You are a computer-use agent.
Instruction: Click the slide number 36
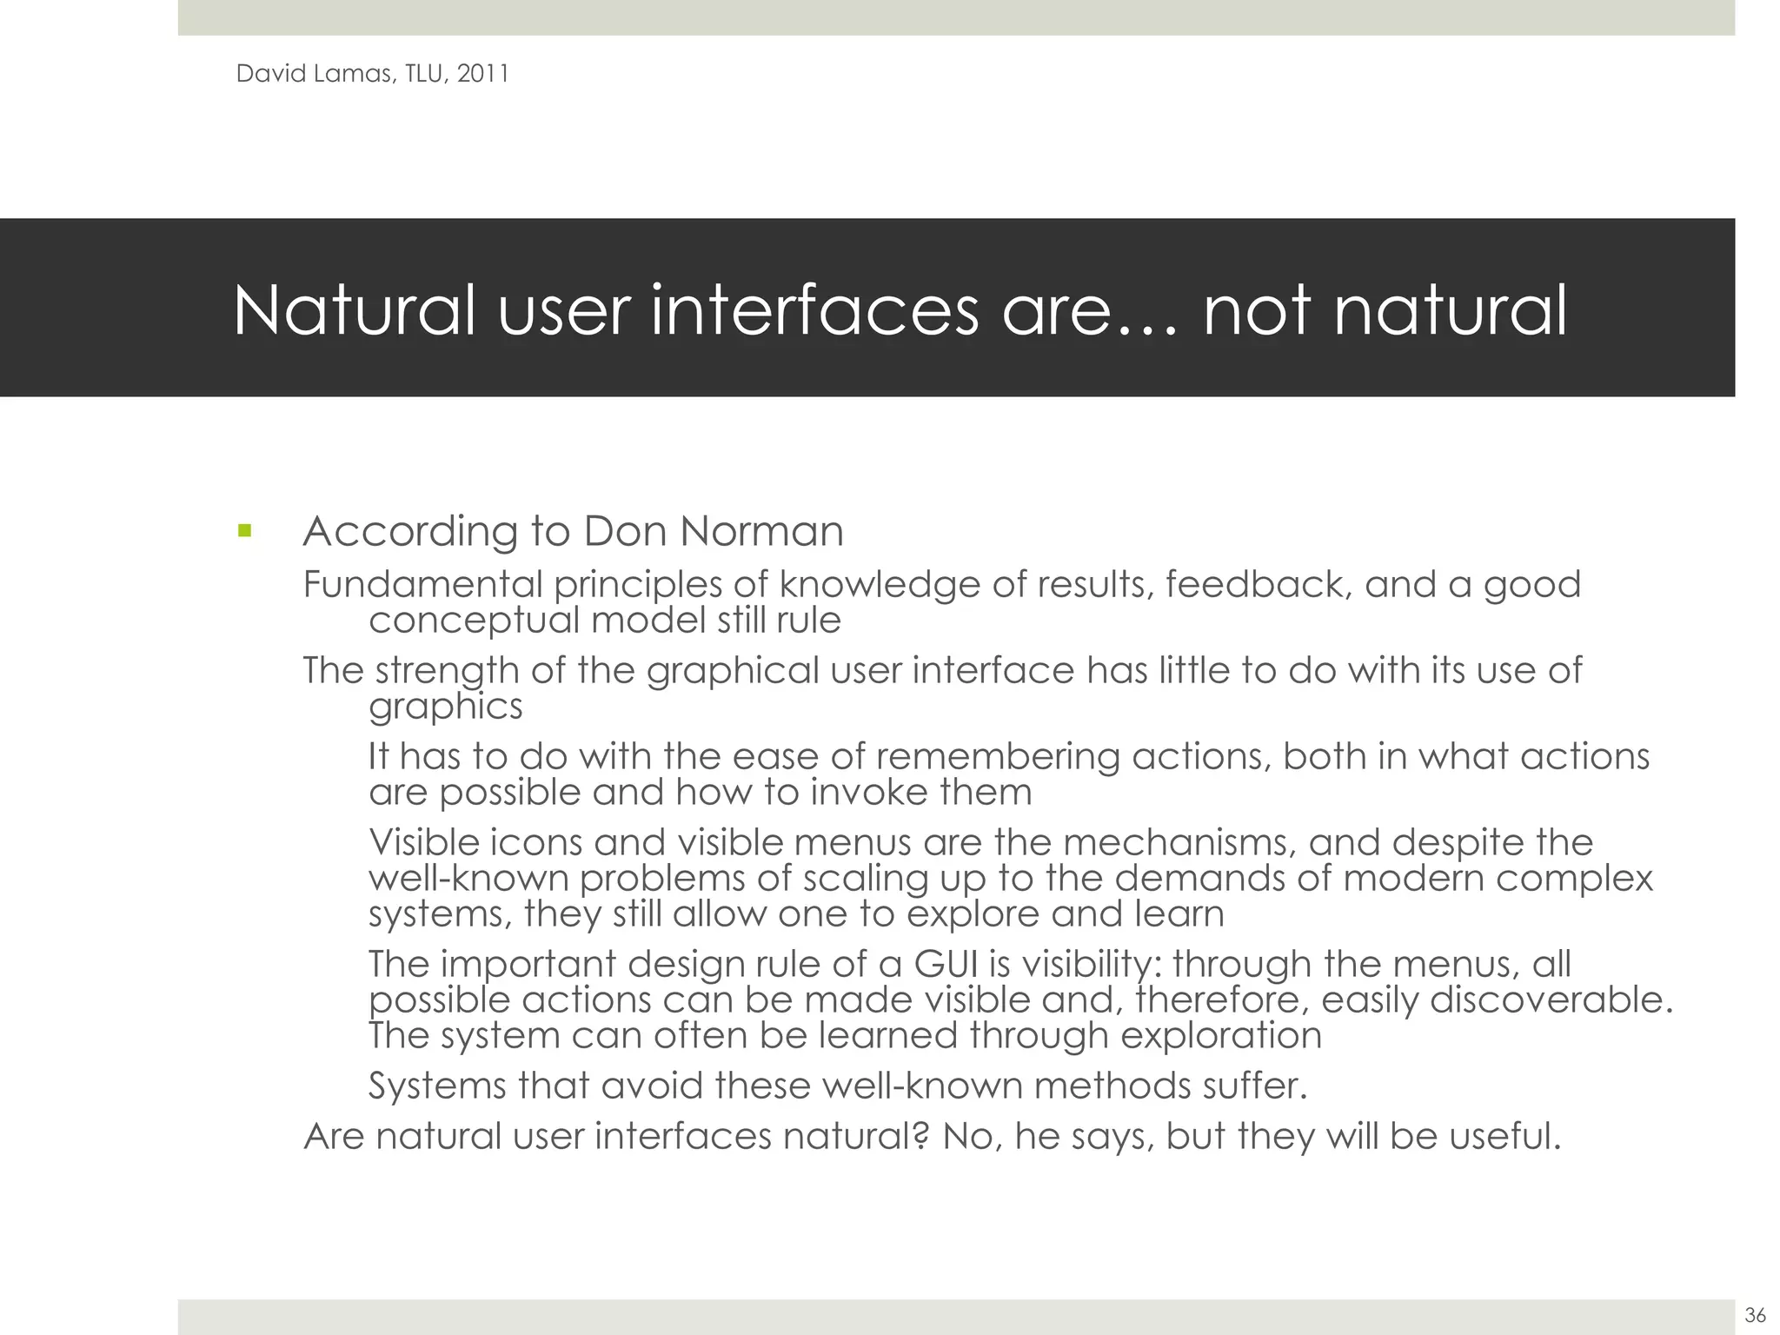[x=1755, y=1314]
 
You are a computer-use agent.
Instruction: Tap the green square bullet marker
[x=244, y=529]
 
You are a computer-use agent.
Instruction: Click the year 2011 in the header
[x=482, y=74]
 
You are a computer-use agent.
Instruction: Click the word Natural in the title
[x=355, y=310]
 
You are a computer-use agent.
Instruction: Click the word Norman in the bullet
[x=761, y=531]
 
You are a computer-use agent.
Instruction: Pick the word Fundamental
[x=422, y=584]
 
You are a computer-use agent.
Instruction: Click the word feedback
[x=1258, y=584]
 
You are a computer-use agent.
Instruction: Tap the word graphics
[x=445, y=707]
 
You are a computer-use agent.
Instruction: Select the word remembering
[x=996, y=756]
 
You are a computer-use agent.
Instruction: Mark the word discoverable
[x=1551, y=1000]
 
